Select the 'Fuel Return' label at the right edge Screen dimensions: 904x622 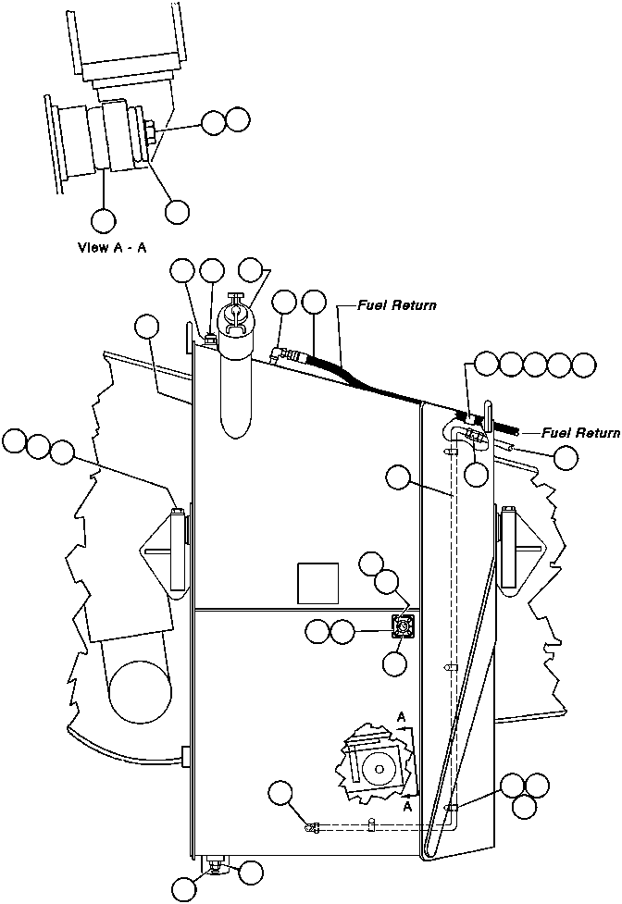[580, 432]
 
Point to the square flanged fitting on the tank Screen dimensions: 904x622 [403, 629]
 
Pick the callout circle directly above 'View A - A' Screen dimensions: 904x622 [104, 220]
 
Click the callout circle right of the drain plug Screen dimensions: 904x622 [250, 871]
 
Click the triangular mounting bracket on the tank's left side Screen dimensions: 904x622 [167, 550]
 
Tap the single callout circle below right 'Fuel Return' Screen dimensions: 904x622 [566, 456]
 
